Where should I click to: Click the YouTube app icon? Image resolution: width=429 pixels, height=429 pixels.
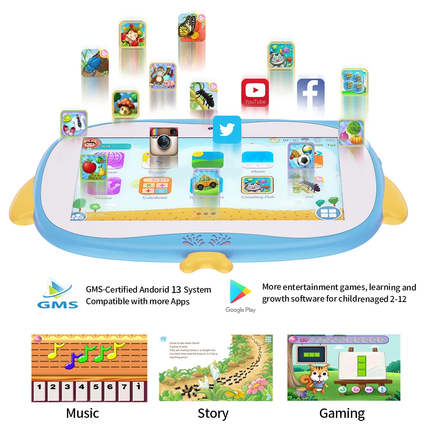click(255, 92)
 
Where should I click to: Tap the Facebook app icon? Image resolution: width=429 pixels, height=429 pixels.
click(311, 93)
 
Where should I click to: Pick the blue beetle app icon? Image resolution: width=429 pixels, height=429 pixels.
click(94, 63)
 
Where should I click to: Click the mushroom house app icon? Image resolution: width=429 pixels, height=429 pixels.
click(126, 104)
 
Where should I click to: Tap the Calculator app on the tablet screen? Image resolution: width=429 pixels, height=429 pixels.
click(155, 187)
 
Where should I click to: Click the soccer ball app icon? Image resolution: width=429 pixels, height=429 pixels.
click(300, 157)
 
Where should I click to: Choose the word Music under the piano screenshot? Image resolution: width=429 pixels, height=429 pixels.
click(82, 413)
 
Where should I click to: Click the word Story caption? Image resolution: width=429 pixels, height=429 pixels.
click(213, 413)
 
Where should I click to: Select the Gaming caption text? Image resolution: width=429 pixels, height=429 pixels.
click(342, 413)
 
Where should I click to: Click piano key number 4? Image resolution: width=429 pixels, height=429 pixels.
click(81, 387)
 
